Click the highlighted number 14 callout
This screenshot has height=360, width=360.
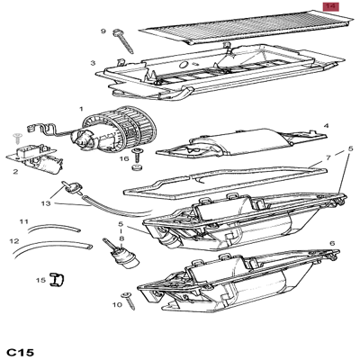[330, 6]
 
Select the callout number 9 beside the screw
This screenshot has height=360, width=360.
[103, 31]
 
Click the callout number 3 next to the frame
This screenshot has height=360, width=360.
[93, 63]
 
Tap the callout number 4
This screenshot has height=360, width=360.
[326, 127]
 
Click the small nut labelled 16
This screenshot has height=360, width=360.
[138, 167]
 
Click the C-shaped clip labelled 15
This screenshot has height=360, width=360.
[56, 279]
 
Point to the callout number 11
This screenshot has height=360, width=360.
[24, 221]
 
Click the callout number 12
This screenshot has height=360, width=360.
[14, 241]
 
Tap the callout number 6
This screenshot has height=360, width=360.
[331, 243]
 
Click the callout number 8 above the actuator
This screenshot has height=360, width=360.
[121, 237]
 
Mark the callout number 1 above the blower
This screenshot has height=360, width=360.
[81, 109]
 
